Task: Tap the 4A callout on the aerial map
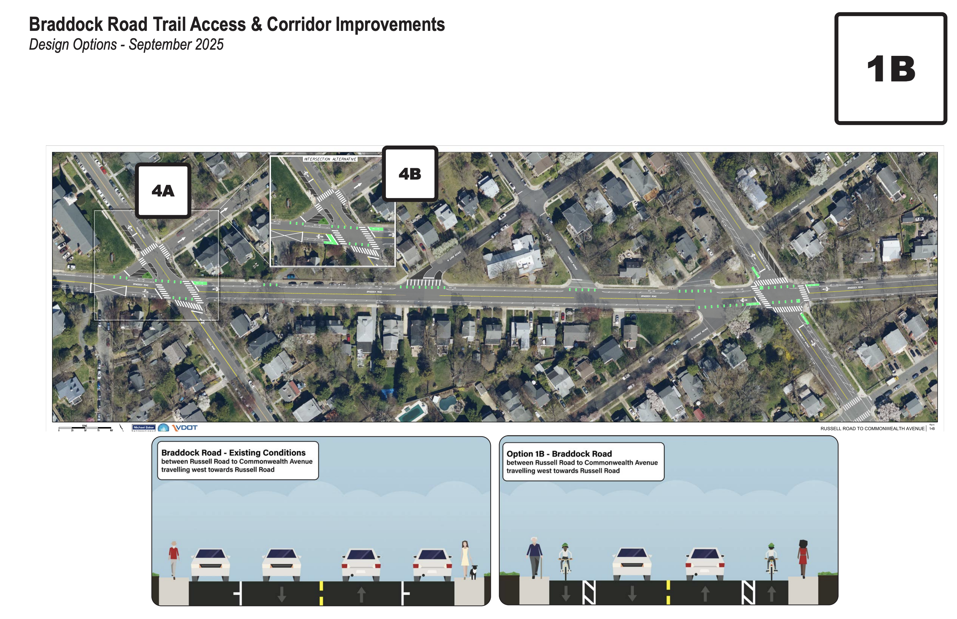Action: click(163, 190)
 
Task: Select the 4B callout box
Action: click(410, 174)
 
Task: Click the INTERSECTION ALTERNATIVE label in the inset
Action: click(330, 159)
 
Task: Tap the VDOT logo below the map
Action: click(185, 427)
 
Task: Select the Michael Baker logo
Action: click(144, 428)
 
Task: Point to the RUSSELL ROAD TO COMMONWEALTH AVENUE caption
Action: click(872, 429)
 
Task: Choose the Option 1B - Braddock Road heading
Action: click(559, 454)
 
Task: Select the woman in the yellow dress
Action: click(465, 558)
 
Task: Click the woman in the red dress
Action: click(803, 558)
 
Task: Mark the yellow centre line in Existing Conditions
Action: click(321, 593)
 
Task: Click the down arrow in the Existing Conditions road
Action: click(281, 594)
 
